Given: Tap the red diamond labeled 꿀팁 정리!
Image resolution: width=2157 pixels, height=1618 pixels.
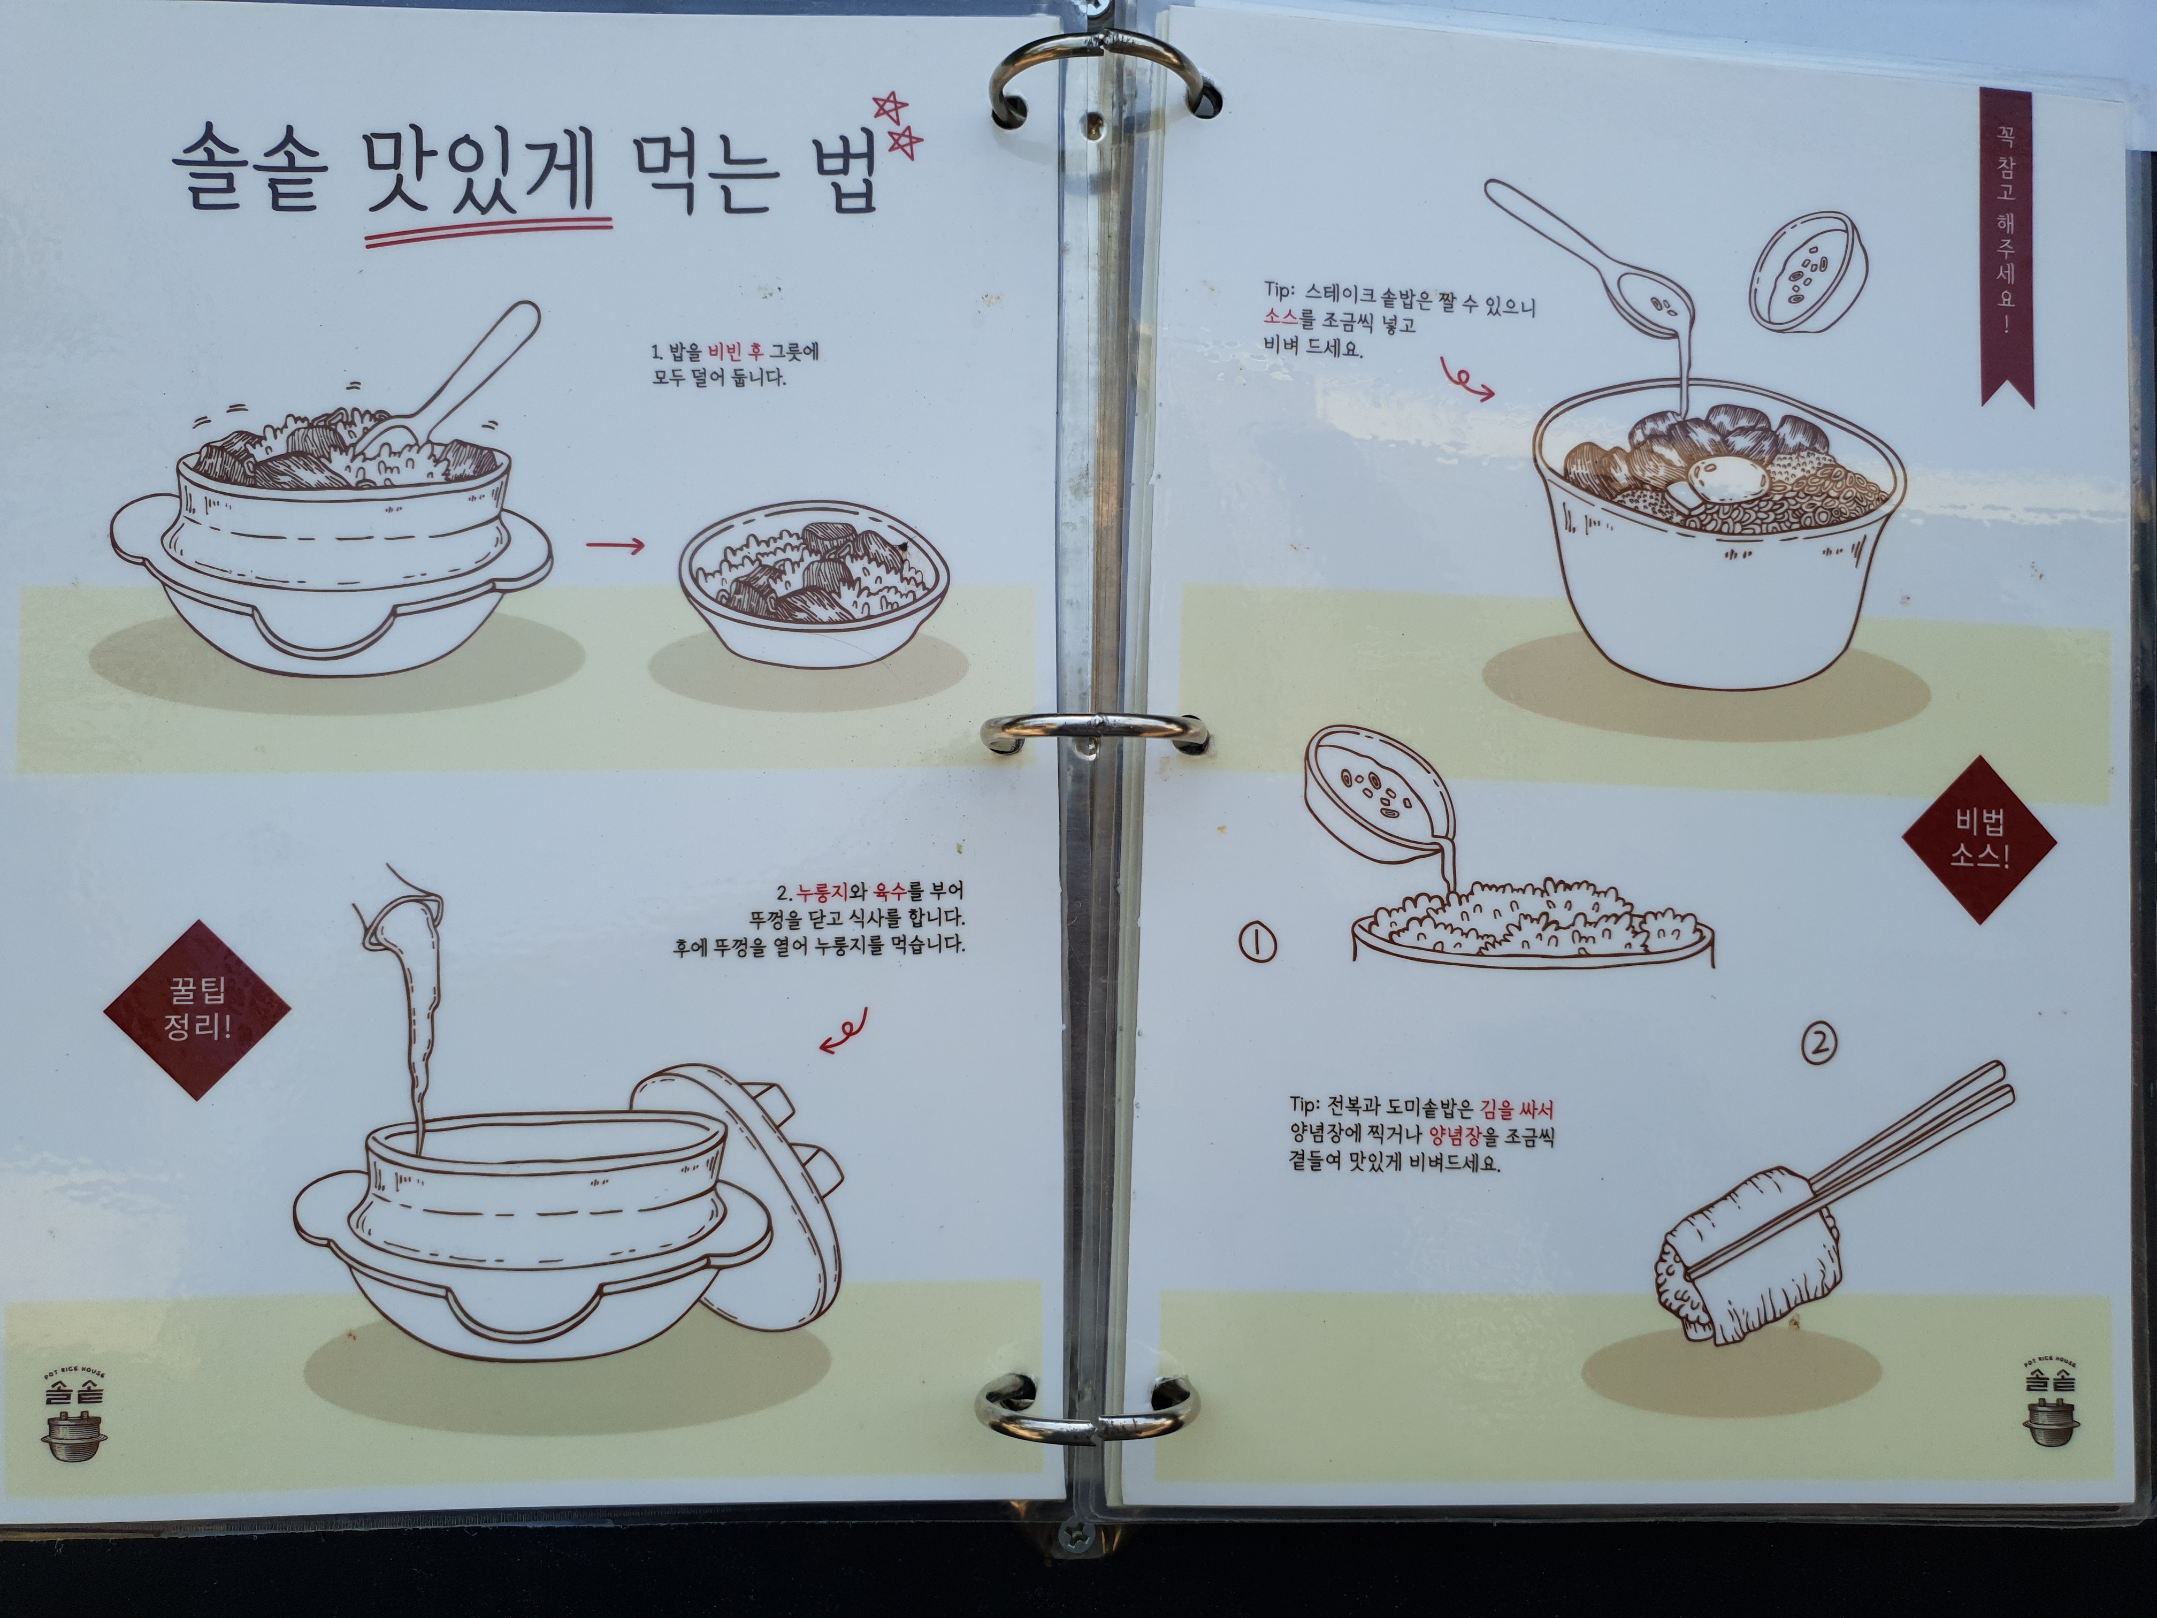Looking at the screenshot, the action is pyautogui.click(x=197, y=1010).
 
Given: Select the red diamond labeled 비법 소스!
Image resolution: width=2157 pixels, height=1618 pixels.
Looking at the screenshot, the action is pyautogui.click(x=1979, y=839).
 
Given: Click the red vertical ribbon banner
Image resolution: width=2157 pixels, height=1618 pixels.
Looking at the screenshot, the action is pyautogui.click(x=2007, y=244).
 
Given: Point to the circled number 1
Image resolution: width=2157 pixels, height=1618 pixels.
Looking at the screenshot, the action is pyautogui.click(x=1257, y=943).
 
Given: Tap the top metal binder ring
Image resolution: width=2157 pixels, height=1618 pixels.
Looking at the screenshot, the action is pyautogui.click(x=1102, y=83).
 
